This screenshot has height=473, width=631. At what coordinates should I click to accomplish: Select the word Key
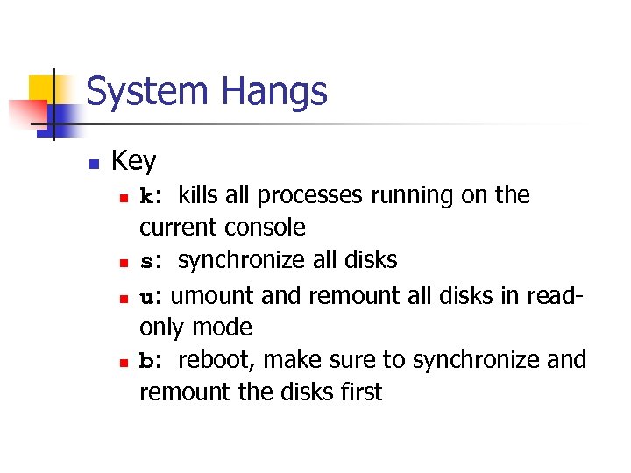click(x=134, y=161)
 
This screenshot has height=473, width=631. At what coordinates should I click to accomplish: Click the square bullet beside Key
click(x=93, y=163)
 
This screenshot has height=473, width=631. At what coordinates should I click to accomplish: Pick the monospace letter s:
click(x=150, y=261)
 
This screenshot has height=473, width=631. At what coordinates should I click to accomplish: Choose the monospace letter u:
click(x=150, y=294)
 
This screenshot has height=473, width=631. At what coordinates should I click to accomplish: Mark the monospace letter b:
click(x=150, y=360)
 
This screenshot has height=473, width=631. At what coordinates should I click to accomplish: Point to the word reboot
click(x=216, y=360)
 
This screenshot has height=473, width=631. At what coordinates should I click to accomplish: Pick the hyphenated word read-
click(x=549, y=294)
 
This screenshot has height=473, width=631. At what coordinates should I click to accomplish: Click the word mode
click(x=223, y=328)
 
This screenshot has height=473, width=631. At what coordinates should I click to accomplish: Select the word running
click(x=422, y=196)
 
